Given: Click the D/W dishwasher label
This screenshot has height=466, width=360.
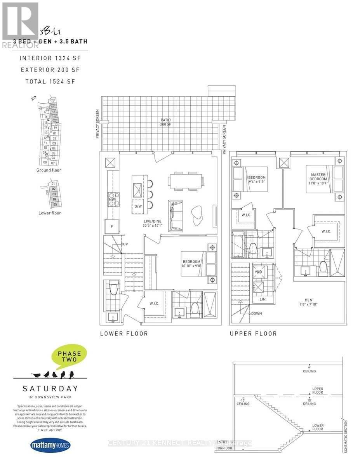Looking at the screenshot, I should tap(138, 206).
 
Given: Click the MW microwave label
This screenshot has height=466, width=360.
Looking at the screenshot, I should tap(112, 200).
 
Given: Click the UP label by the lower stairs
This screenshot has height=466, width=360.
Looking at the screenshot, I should tap(125, 244).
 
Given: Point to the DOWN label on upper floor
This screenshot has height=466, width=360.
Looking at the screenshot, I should tap(257, 313).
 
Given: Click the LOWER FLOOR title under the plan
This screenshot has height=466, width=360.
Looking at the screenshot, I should tap(123, 334).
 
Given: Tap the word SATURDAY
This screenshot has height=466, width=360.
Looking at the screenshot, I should tap(50, 388).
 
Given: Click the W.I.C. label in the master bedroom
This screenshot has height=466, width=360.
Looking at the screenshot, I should tap(326, 231).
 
